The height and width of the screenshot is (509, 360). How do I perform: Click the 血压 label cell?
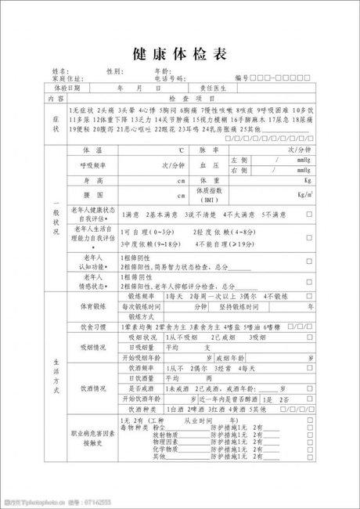coord(207,165)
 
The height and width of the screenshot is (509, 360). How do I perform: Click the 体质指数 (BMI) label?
coord(209,194)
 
